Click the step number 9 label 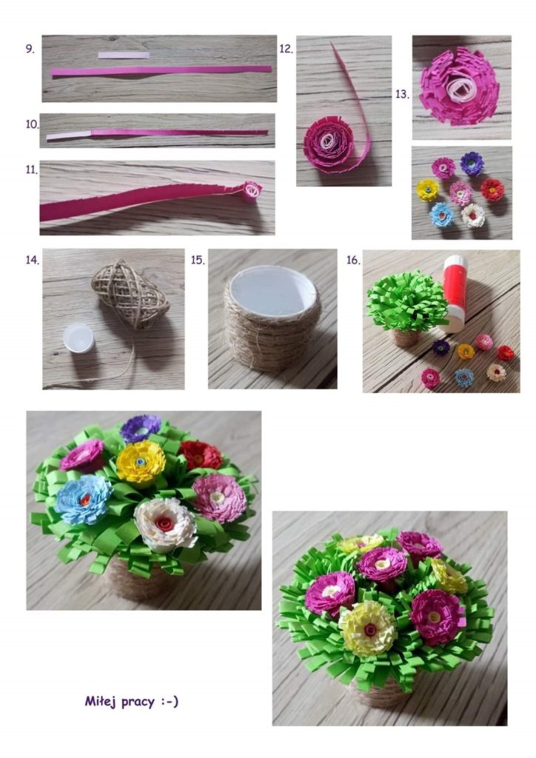point(30,49)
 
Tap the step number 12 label point(286,49)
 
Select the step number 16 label point(353,260)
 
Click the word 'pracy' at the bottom point(138,702)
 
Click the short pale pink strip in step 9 point(124,55)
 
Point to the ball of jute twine point(130,295)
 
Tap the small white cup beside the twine point(78,338)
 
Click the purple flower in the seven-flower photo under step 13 point(472,164)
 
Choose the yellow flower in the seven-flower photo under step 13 point(428,189)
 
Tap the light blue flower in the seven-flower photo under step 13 point(442,215)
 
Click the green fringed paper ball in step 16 point(407,301)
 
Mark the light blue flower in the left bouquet point(83,500)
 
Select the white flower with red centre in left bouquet point(164,525)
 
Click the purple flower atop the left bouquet point(141,428)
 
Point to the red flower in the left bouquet point(201,455)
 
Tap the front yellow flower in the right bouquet point(368,629)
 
